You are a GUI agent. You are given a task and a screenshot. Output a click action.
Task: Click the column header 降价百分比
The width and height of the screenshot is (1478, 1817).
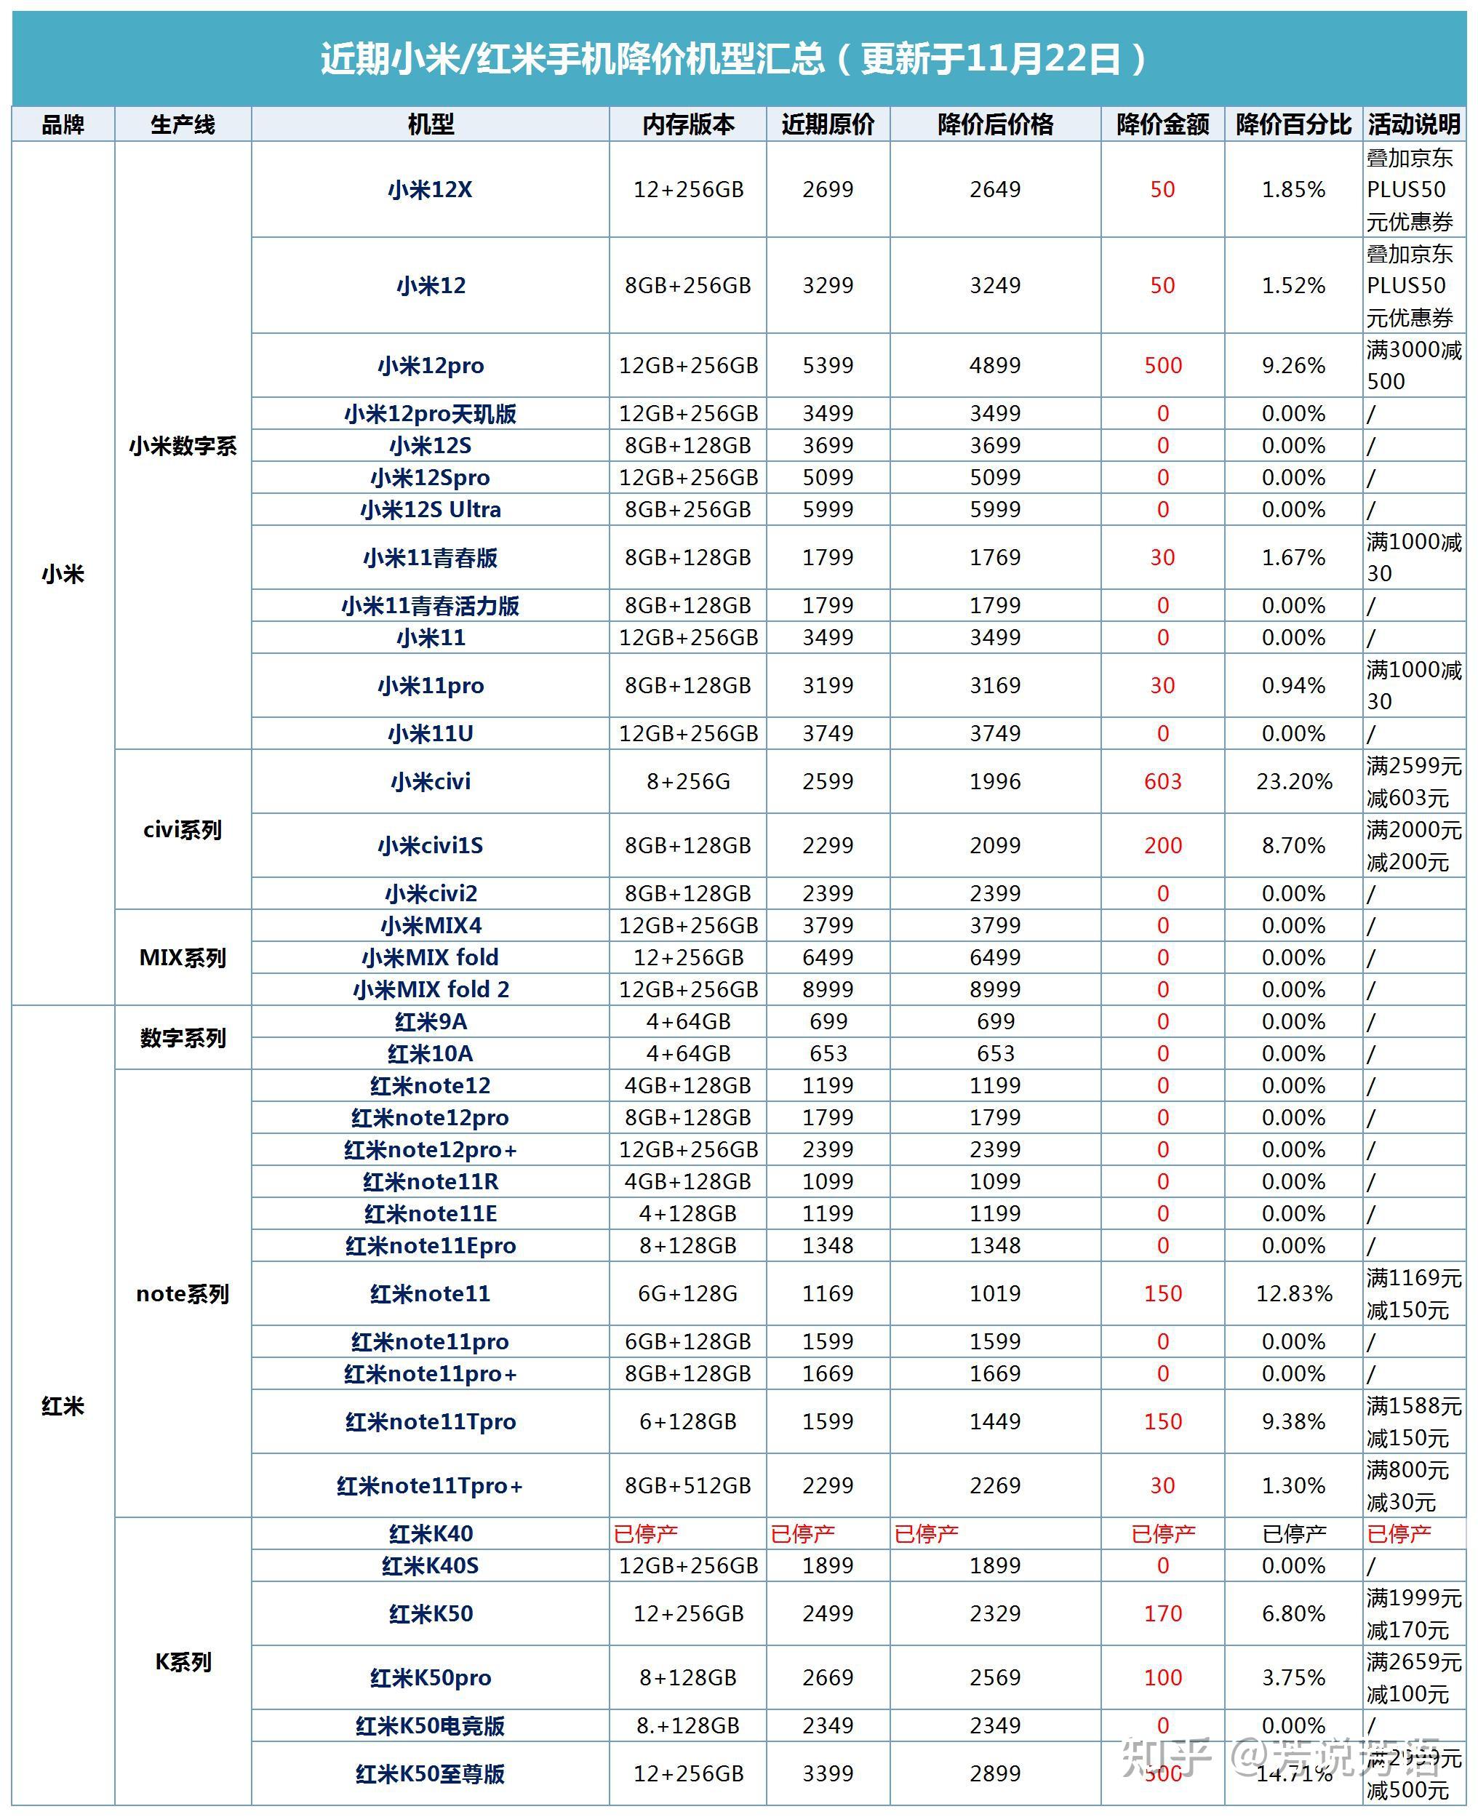point(1293,124)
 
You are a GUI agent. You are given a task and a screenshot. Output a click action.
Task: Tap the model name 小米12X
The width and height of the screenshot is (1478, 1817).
point(430,189)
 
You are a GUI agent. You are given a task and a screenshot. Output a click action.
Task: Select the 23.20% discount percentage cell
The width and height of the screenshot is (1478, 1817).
point(1293,780)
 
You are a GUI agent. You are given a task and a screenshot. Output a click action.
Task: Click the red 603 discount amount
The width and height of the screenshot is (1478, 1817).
point(1162,780)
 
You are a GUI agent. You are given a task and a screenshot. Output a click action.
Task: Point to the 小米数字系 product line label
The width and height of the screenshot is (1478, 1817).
point(182,445)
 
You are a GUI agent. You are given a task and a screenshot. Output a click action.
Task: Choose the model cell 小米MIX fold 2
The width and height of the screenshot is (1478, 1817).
point(430,989)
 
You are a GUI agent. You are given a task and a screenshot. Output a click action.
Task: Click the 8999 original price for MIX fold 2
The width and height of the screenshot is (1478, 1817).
point(828,989)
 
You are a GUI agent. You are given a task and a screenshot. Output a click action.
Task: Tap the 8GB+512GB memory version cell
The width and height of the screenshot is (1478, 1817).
point(688,1485)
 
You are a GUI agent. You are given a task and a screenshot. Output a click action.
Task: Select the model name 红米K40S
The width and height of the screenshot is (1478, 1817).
point(430,1565)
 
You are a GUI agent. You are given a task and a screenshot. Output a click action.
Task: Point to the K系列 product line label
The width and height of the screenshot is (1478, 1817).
point(182,1661)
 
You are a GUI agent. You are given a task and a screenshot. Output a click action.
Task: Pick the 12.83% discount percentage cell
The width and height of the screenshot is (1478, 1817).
point(1293,1293)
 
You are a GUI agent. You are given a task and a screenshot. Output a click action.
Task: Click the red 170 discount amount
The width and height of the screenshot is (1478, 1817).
point(1162,1613)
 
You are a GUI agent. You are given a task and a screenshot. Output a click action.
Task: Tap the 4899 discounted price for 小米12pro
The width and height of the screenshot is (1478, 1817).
point(994,365)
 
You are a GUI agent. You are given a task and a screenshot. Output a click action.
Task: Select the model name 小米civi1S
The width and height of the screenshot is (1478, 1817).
point(430,845)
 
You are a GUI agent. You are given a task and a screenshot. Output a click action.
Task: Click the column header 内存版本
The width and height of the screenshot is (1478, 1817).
point(688,124)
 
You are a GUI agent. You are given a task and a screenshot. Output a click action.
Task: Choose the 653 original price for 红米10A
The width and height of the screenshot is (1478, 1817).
point(828,1053)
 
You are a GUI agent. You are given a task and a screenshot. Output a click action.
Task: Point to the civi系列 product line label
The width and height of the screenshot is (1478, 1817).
point(182,829)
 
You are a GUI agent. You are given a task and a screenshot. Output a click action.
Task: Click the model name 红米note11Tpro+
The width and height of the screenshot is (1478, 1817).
point(430,1485)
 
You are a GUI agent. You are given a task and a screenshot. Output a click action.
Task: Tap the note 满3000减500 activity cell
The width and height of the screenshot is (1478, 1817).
point(1413,365)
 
